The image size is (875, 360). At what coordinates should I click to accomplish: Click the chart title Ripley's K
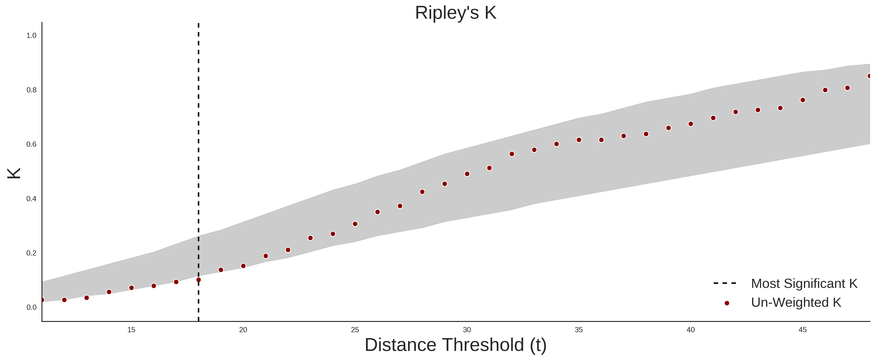(455, 13)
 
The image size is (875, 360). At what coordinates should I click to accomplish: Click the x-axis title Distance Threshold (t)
(455, 345)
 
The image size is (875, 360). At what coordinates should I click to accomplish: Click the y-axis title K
(14, 173)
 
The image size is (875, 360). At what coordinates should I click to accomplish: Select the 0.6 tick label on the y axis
(31, 144)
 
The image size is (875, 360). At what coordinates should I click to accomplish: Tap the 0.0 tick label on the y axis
(31, 307)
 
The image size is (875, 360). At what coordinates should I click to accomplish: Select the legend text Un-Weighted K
(796, 302)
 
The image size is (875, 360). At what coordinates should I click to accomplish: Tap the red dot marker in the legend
(726, 303)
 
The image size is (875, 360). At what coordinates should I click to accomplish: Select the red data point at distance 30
(467, 174)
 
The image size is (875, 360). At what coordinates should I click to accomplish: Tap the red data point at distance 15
(131, 288)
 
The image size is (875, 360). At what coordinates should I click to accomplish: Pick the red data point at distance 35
(579, 140)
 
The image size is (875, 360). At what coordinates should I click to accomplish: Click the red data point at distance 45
(803, 100)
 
